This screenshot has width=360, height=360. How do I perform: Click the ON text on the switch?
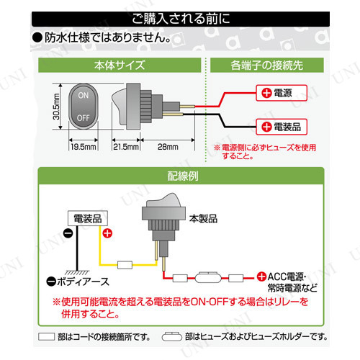click(84, 95)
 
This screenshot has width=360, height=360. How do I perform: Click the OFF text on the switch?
click(84, 118)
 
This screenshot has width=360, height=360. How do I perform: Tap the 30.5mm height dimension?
click(56, 107)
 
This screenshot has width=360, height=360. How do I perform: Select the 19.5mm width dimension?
click(84, 147)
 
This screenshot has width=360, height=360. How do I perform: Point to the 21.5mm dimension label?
click(126, 147)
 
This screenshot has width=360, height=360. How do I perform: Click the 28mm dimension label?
click(168, 147)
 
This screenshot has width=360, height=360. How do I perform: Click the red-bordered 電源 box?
click(282, 93)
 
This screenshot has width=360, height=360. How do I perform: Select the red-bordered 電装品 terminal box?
click(282, 127)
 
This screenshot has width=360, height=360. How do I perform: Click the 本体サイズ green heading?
click(120, 65)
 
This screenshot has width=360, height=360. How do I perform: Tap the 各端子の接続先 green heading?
click(267, 65)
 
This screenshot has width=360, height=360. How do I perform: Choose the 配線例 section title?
click(183, 176)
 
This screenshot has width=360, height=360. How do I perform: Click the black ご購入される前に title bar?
click(181, 19)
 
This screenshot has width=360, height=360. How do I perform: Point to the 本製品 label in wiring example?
click(203, 219)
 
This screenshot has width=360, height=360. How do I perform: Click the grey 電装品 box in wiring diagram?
click(88, 218)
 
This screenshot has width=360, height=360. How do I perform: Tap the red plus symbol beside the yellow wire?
click(107, 233)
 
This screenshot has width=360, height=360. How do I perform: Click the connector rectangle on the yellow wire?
click(125, 265)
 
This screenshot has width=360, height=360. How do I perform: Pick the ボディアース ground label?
click(78, 282)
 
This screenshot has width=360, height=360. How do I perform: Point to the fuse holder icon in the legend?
click(172, 336)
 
